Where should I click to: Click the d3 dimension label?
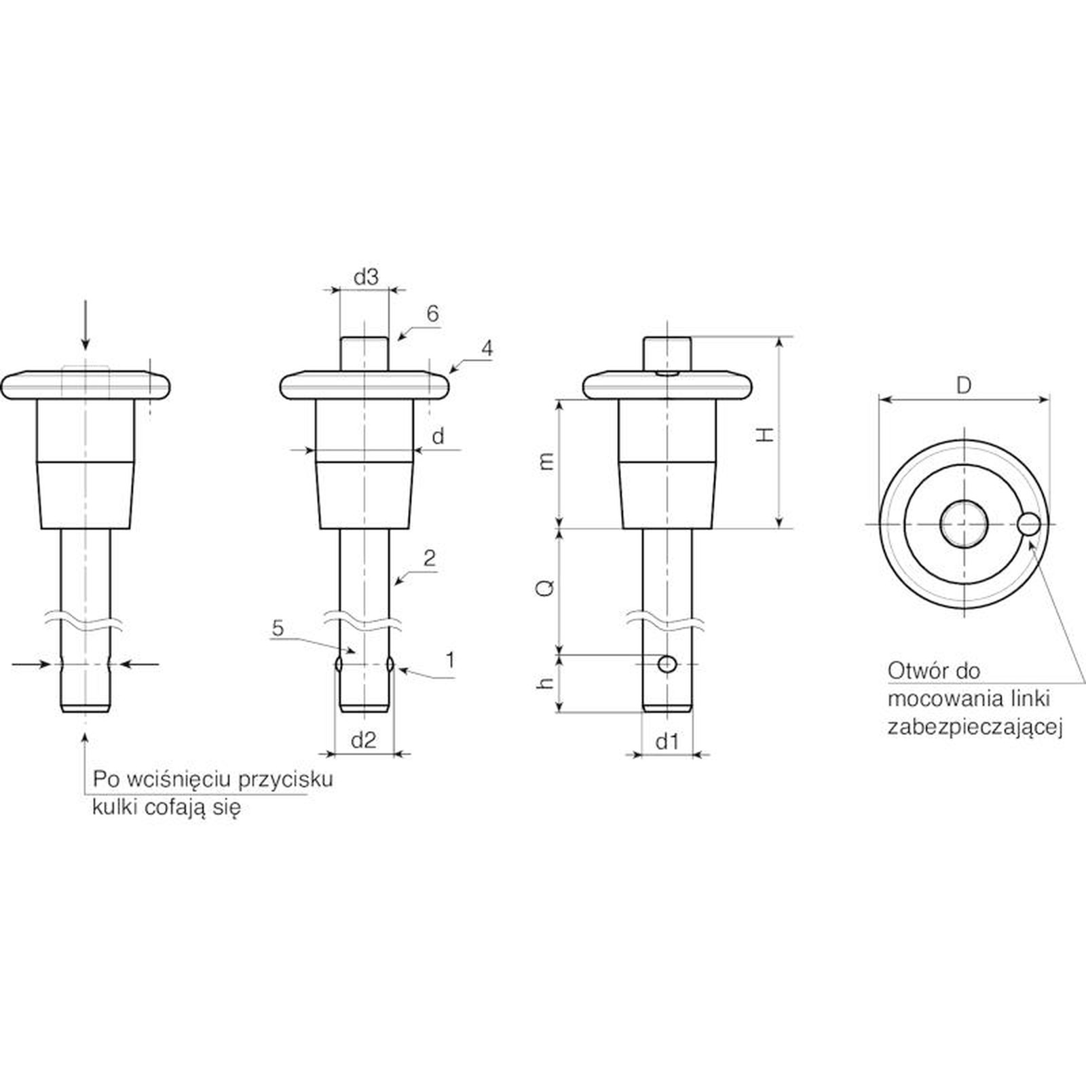click(x=366, y=277)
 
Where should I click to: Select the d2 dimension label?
click(x=363, y=740)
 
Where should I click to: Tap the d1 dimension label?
click(x=667, y=741)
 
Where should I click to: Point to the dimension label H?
click(x=765, y=434)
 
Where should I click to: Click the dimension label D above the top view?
click(x=964, y=386)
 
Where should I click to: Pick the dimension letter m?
click(x=546, y=462)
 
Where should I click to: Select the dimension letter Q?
click(x=546, y=588)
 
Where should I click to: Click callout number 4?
click(x=487, y=349)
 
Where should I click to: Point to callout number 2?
click(x=429, y=559)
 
